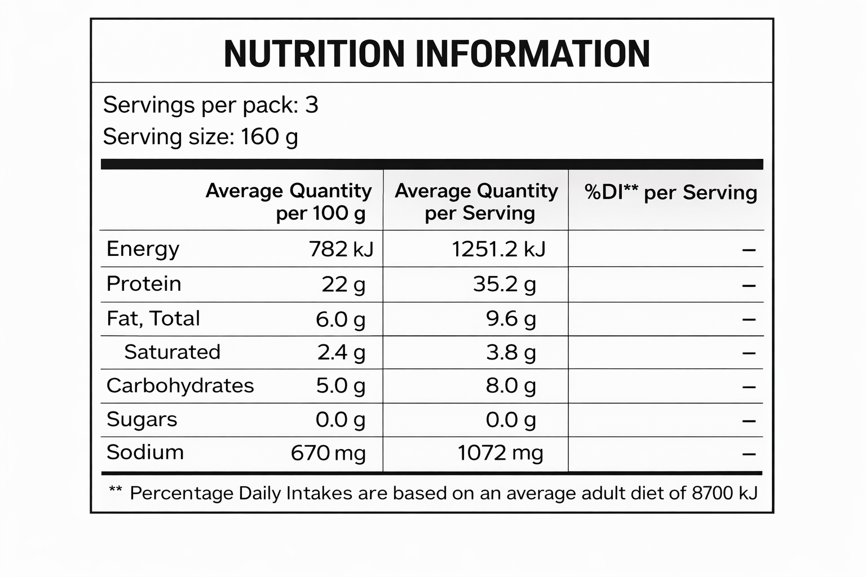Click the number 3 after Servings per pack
point(312,105)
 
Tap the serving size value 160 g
point(269,137)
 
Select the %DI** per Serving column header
point(670,193)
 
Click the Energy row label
point(143,249)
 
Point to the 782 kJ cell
point(341,249)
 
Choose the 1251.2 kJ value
point(499,249)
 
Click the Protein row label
point(144,284)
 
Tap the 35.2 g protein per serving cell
point(505,285)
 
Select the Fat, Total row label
point(153,319)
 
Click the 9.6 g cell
point(511,319)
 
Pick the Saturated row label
point(172,352)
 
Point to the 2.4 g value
point(341,353)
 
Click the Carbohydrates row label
point(180,385)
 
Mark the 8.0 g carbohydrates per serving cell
point(511,386)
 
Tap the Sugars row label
point(142,420)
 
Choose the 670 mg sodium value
point(328,453)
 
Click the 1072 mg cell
point(501,453)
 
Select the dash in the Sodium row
point(749,454)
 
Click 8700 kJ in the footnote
point(724,493)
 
